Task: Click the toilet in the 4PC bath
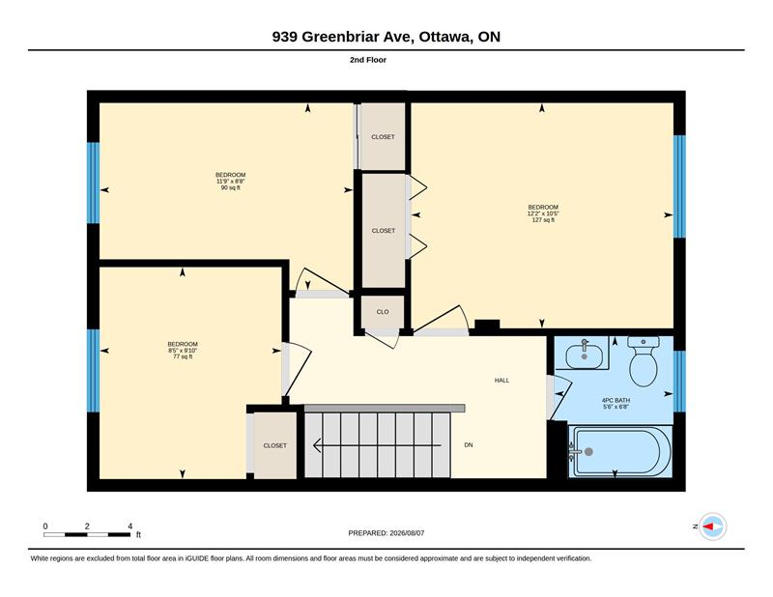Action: [x=644, y=362]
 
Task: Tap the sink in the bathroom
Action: [x=585, y=355]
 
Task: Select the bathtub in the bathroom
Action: [x=619, y=451]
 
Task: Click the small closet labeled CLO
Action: [x=383, y=312]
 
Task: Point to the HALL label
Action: [x=501, y=381]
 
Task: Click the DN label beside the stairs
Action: [x=469, y=445]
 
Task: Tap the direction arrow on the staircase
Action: [x=377, y=445]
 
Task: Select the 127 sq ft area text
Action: [x=543, y=220]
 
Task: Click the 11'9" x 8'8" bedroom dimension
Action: [x=231, y=182]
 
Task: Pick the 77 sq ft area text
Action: [x=183, y=356]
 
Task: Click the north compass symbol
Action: [x=713, y=526]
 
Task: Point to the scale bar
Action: [x=87, y=534]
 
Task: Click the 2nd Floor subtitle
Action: [x=368, y=60]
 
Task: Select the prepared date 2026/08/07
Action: [x=407, y=533]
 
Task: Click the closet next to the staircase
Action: [x=274, y=445]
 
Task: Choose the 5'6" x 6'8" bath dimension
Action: [x=616, y=408]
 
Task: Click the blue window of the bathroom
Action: [x=679, y=381]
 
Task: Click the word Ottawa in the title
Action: [x=445, y=37]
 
